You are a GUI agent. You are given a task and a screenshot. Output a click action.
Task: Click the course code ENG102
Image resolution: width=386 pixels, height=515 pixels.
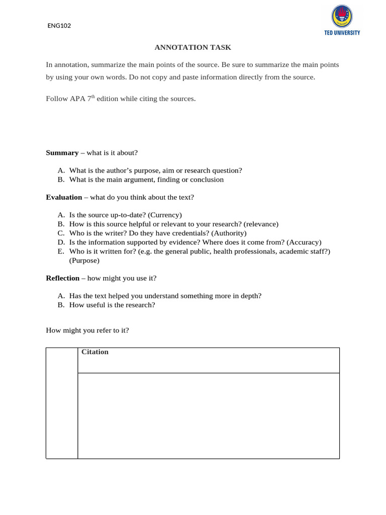59,26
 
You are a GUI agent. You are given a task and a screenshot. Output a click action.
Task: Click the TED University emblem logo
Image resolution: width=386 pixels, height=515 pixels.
342,16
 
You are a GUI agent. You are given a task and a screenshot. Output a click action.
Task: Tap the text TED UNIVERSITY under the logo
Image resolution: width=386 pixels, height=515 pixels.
342,33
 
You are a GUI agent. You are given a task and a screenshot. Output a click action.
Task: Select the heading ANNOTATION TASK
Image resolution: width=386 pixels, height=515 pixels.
192,47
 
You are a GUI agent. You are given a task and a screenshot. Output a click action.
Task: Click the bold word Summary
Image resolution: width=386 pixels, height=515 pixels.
62,152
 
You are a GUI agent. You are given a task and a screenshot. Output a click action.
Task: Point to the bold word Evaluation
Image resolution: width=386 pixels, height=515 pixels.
64,197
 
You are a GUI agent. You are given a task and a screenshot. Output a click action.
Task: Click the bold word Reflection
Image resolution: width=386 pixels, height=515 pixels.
62,278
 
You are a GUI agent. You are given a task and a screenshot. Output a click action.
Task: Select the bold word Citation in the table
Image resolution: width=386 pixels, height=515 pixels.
95,352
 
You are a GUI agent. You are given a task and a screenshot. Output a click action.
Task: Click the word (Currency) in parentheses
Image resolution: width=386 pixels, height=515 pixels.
165,215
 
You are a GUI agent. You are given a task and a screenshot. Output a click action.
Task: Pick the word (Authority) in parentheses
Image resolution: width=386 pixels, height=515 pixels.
229,233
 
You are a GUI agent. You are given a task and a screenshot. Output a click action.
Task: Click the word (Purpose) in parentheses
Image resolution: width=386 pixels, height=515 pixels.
84,261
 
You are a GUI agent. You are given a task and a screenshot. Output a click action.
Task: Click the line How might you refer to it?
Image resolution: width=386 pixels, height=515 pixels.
87,330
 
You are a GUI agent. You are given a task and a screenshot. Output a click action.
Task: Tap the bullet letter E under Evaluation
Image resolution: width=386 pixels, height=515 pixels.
60,251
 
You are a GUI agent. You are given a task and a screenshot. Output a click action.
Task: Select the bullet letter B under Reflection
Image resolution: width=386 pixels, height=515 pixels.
60,305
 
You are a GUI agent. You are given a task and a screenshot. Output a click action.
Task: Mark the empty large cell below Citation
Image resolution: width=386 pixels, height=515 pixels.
208,415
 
